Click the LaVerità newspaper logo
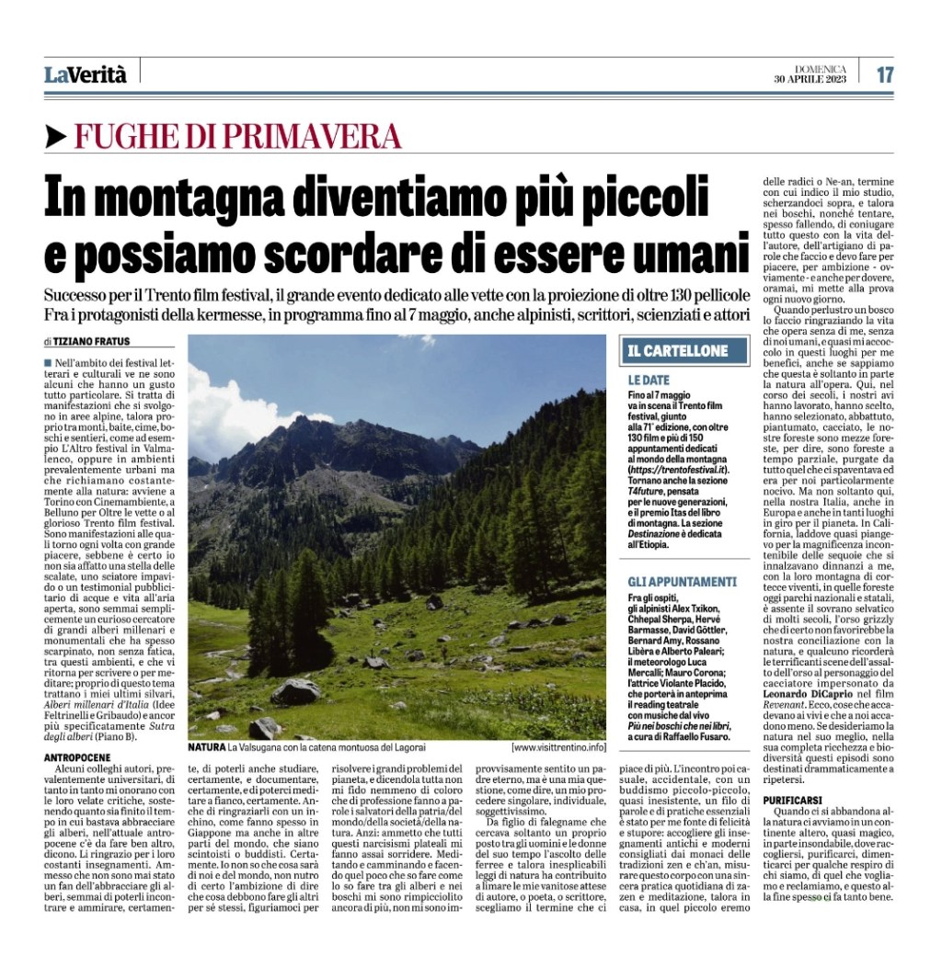85,75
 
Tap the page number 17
884,75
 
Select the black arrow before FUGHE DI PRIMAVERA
55,137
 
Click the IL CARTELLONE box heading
678,350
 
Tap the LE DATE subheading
649,380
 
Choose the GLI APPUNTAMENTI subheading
682,581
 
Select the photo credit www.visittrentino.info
559,747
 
